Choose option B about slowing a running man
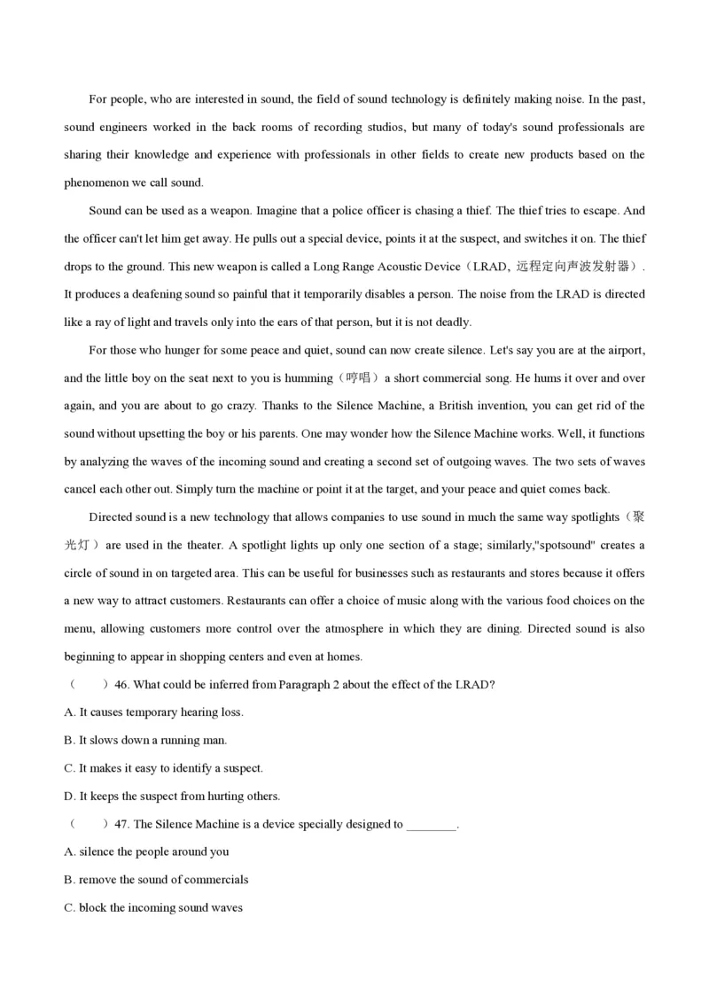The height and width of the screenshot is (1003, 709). (146, 740)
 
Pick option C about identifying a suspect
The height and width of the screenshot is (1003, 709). (164, 768)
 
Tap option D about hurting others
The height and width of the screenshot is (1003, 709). (173, 796)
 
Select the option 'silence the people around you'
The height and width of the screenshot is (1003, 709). (147, 851)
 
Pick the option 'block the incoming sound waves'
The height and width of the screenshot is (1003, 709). (153, 907)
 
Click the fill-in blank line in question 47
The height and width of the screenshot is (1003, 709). (431, 825)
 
